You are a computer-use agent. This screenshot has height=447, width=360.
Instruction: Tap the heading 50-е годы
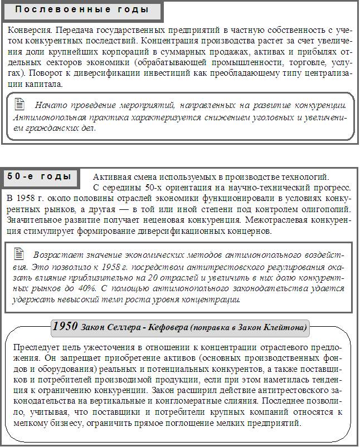(x=39, y=176)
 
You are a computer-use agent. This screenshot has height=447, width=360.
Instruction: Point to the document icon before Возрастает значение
(x=20, y=253)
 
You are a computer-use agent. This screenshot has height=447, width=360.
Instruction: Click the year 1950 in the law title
(x=65, y=327)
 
